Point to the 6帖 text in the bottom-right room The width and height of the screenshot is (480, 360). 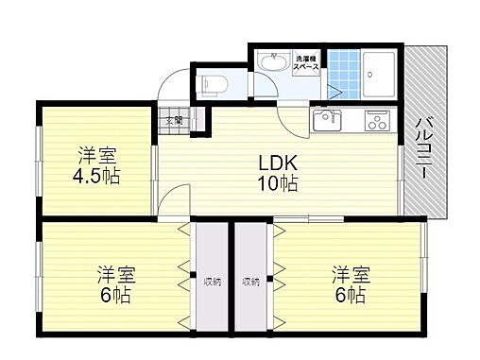point(349,295)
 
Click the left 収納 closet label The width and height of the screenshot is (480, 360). point(211,281)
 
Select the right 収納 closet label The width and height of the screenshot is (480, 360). point(250,281)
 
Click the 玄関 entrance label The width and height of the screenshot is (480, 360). point(175,120)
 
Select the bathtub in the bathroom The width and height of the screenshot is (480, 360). point(382,70)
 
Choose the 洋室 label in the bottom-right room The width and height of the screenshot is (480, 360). point(349,275)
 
